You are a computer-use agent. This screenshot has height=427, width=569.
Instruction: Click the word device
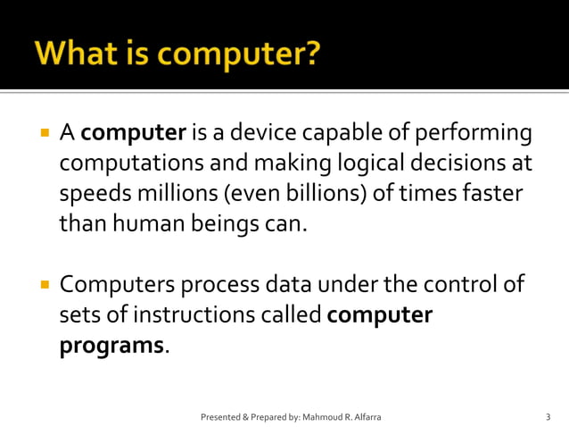pyautogui.click(x=268, y=134)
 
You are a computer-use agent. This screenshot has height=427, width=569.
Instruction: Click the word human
pyautogui.click(x=148, y=223)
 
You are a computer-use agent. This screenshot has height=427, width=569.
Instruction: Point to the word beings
pyautogui.click(x=222, y=223)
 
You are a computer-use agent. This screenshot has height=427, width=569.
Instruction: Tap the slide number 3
pyautogui.click(x=548, y=417)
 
